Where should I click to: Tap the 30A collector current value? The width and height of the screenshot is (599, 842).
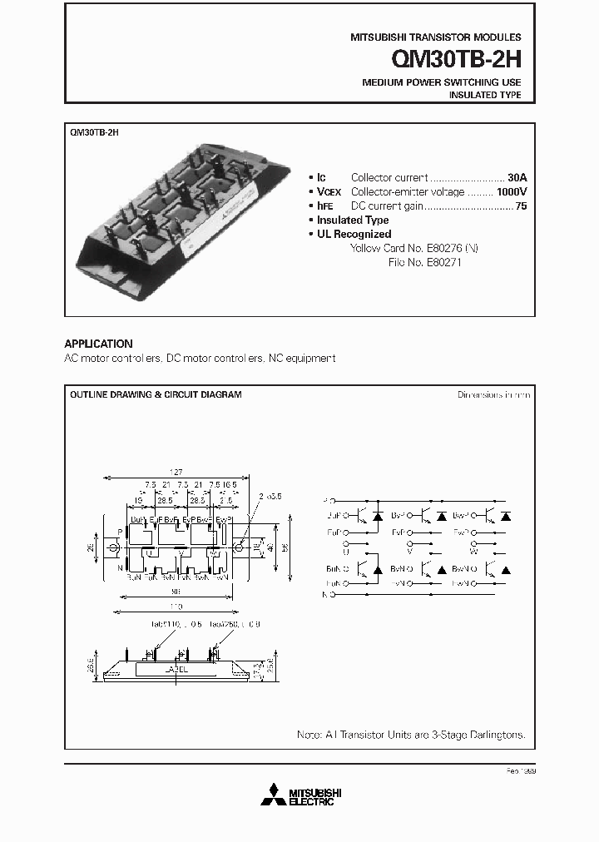[517, 177]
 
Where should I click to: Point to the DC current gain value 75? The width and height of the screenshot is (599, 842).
[521, 206]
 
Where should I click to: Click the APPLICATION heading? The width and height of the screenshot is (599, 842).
[98, 344]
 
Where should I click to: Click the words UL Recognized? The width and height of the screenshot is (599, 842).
[354, 235]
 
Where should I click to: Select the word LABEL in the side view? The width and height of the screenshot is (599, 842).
[177, 668]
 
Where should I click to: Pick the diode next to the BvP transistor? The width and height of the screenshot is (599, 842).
[441, 516]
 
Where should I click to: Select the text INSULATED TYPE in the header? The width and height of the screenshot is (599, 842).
[485, 96]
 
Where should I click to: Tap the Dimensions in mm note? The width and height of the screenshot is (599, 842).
[493, 394]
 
